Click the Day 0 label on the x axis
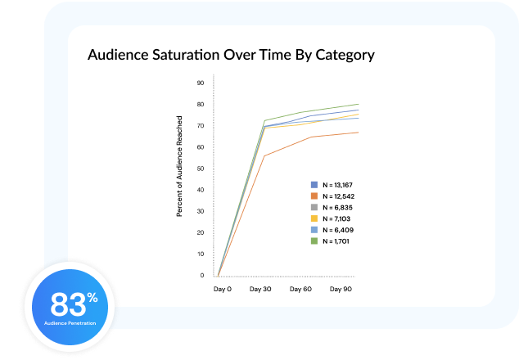(x=222, y=289)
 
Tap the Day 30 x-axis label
(x=260, y=289)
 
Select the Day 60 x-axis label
(x=301, y=289)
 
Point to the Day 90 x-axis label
(x=341, y=289)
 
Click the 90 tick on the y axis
(x=201, y=83)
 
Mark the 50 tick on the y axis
(x=201, y=169)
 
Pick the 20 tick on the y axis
(x=201, y=233)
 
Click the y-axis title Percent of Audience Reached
(x=180, y=178)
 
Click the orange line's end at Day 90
(x=359, y=133)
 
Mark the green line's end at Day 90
(x=359, y=104)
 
